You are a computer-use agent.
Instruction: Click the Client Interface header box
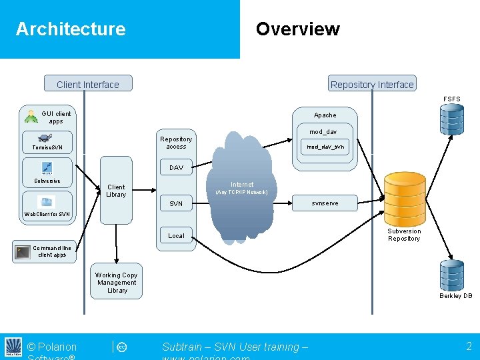point(88,84)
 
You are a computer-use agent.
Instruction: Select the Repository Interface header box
point(372,84)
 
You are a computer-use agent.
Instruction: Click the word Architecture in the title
point(71,29)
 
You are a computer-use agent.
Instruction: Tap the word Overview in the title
point(297,29)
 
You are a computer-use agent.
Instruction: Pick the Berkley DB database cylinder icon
point(451,275)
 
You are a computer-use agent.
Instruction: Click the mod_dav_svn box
point(325,147)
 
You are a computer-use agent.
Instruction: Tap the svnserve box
point(325,203)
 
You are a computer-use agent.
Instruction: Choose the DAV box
point(176,167)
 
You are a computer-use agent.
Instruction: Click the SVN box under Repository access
point(176,203)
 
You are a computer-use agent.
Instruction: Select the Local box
point(176,235)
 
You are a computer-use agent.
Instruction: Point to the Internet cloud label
point(242,185)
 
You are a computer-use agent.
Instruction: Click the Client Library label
point(116,191)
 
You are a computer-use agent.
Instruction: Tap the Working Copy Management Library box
point(117,283)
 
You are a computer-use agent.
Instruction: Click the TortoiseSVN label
point(43,147)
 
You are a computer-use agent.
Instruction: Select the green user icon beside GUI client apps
point(31,117)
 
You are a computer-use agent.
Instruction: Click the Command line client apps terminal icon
point(24,251)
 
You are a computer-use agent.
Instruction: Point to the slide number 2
point(469,345)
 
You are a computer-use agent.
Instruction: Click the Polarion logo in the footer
point(13,347)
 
